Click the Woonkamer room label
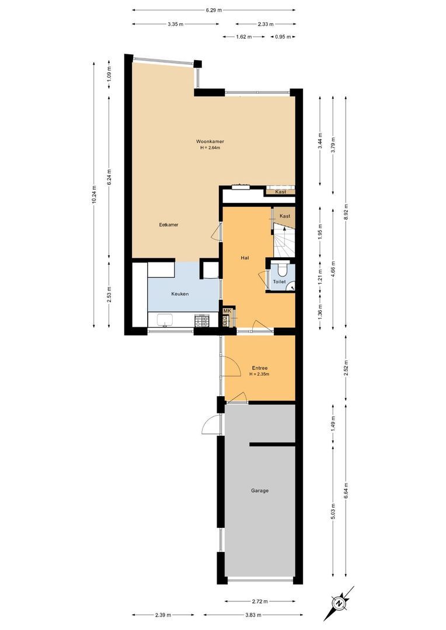210,141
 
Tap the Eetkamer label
169,225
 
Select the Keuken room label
180,294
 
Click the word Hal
246,257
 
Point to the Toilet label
280,282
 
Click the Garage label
260,491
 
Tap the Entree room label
260,368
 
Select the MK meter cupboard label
228,311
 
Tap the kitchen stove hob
202,320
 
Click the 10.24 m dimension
94,199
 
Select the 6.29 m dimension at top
214,9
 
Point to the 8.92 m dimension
346,205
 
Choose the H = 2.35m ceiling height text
260,374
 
